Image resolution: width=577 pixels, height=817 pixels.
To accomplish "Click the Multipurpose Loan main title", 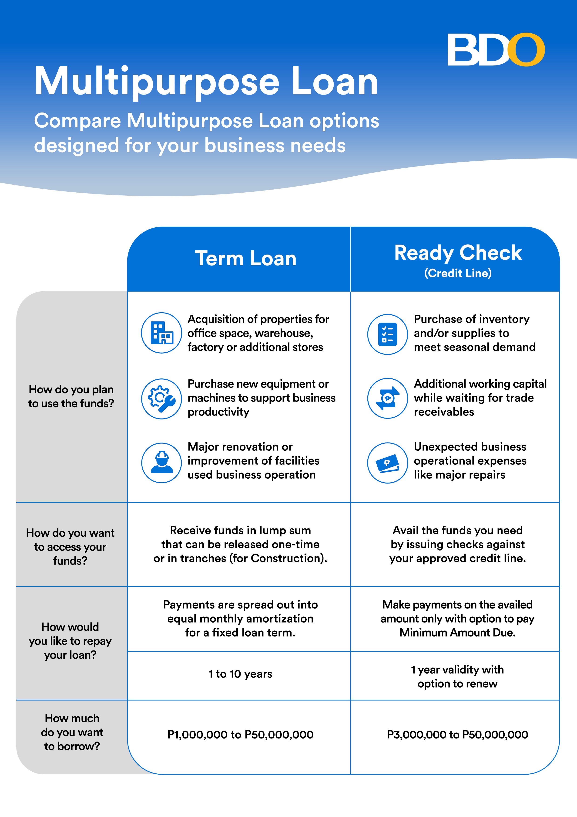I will [206, 82].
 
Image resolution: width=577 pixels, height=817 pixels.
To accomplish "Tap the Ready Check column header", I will [458, 253].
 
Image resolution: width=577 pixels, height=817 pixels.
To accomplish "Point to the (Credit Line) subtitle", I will [458, 273].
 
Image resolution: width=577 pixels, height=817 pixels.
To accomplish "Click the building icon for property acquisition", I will [162, 333].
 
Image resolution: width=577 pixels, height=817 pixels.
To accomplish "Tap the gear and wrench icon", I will [162, 398].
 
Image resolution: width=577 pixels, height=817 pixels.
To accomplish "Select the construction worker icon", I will [162, 463].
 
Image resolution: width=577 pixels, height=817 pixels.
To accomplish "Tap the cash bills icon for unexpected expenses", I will [388, 463].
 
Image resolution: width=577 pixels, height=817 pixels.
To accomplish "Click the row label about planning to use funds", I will [71, 396].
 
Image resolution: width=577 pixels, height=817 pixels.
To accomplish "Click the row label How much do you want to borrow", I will [72, 732].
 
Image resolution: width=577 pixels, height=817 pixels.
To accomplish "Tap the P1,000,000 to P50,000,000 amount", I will [240, 735].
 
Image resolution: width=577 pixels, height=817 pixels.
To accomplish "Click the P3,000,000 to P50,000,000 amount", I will [458, 735].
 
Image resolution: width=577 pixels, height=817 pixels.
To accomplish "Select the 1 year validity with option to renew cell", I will [458, 676].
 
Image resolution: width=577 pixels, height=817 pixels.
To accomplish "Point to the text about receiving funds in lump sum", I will [240, 544].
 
